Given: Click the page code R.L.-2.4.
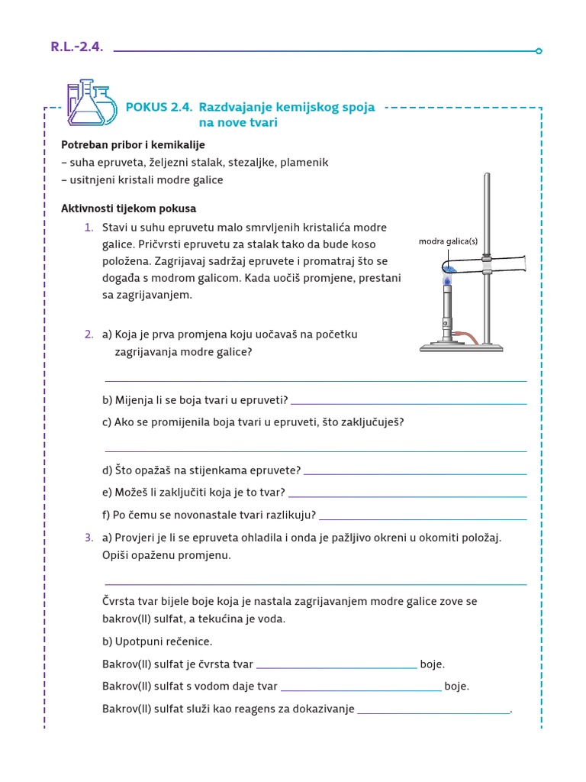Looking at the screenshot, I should point(76,47).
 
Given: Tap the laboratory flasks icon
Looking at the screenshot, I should point(91,103).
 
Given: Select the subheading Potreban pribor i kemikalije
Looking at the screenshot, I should point(133,144).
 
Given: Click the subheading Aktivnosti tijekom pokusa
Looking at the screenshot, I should point(128,208).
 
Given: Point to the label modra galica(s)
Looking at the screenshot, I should point(448,241).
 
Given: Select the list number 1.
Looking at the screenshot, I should point(89,228).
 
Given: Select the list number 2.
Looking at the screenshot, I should point(89,334).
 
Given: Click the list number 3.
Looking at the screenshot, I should point(89,538).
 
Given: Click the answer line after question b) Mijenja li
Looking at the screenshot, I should point(408,402).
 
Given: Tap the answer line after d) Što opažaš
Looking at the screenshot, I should point(414,473).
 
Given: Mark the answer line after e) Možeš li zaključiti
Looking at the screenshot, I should point(407,496).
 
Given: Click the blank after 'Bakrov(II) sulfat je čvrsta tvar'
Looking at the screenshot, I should point(336,667).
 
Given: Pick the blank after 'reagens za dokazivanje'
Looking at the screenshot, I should point(433,713).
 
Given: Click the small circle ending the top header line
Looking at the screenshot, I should point(539,51).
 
